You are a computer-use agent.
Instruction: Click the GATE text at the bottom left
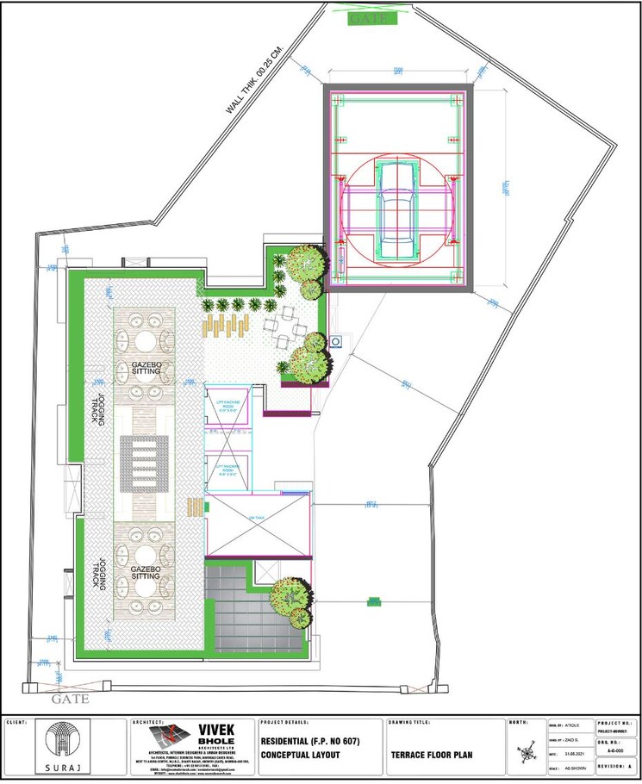(x=70, y=700)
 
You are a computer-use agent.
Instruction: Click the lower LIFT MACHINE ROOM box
(x=228, y=470)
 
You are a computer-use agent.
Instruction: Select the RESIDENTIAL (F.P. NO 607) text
(x=310, y=742)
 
